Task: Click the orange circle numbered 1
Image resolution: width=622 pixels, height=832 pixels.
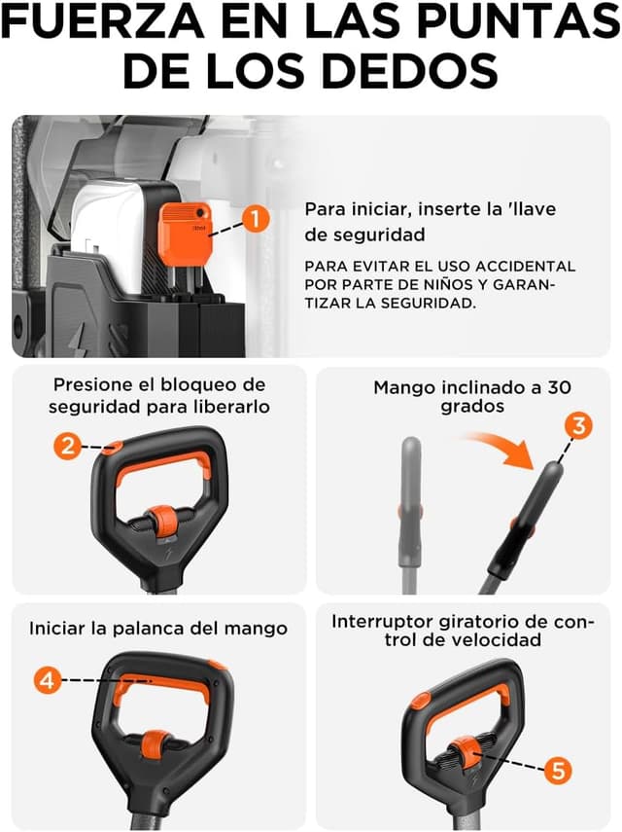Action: click(x=256, y=220)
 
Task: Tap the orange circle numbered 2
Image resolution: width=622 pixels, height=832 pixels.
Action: click(x=67, y=447)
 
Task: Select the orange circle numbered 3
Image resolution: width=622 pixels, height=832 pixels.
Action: click(x=577, y=425)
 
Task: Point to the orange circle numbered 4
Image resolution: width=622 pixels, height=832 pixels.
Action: click(x=47, y=680)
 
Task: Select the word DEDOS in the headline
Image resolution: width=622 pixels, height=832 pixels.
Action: click(x=421, y=71)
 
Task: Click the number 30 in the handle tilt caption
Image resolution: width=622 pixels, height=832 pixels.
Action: click(x=558, y=386)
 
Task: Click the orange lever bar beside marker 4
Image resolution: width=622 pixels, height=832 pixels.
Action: click(x=160, y=692)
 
